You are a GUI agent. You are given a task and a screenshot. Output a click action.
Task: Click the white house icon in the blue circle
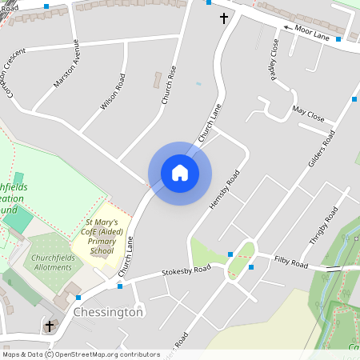click(180, 173)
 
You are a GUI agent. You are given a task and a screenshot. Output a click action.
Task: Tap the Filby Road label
click(291, 262)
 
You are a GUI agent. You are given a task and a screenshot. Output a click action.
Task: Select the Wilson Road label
click(114, 92)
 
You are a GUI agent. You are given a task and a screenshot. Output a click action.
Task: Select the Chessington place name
click(108, 312)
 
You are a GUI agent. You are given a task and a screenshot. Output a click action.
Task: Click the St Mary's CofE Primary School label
click(102, 236)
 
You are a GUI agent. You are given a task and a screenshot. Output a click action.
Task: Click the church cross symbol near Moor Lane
click(224, 17)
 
